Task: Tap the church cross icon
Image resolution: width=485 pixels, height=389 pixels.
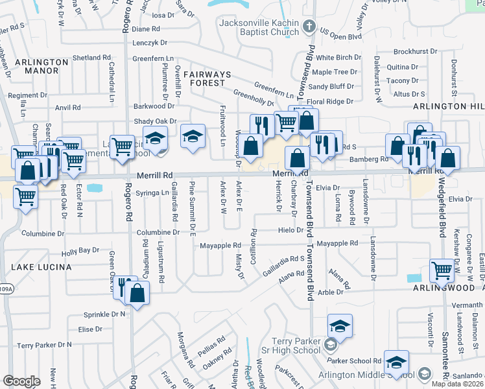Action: [x=309, y=27]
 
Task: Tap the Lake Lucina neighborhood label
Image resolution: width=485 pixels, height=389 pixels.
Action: [x=36, y=266]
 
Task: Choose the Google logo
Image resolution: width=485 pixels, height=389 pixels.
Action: [x=21, y=381]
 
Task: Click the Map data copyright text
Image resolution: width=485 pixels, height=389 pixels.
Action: [x=457, y=384]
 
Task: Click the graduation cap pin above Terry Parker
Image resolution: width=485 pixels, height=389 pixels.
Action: [x=340, y=325]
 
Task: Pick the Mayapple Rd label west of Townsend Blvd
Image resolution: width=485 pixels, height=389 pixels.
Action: [x=220, y=246]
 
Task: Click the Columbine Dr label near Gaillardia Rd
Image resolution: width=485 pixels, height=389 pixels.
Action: [x=158, y=231]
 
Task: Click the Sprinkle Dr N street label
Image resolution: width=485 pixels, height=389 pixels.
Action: [x=105, y=314]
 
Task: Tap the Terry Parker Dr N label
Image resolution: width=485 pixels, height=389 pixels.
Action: [x=44, y=345]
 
